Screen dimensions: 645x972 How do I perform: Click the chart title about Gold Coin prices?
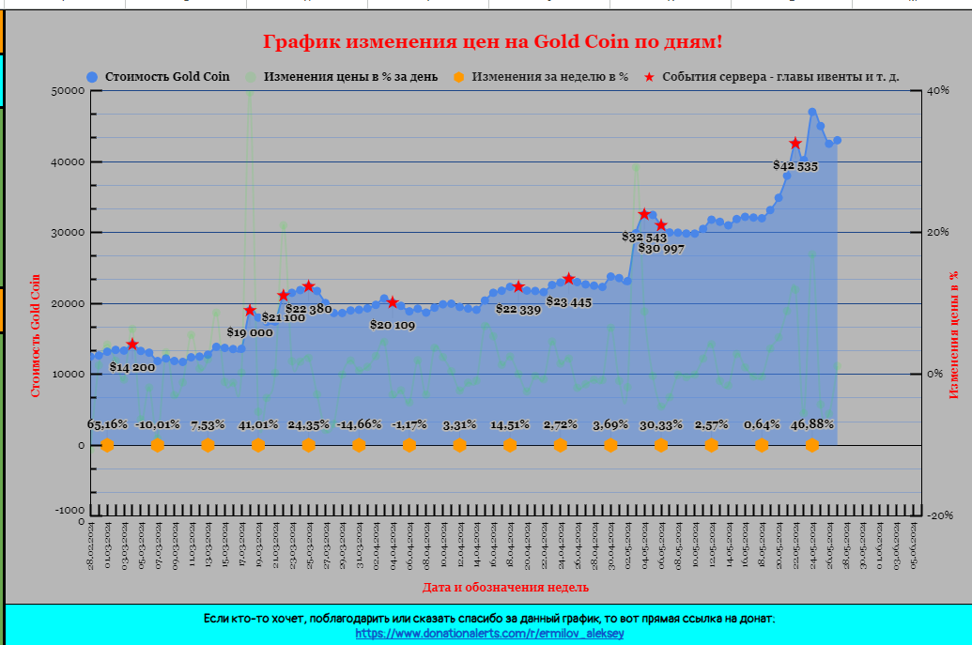493,42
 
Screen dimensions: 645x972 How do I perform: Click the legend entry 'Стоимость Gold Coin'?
165,77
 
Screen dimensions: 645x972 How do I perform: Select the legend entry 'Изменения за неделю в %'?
549,77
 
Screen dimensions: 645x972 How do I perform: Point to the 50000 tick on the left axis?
68,91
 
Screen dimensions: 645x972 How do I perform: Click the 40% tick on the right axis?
937,91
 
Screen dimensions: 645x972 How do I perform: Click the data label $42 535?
795,166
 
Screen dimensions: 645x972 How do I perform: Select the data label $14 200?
131,367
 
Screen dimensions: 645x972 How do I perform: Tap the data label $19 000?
250,332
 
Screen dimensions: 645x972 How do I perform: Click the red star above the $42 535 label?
795,144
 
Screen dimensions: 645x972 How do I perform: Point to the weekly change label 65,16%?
107,424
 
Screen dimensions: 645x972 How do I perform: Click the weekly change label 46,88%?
812,424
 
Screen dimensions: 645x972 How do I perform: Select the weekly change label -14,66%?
359,424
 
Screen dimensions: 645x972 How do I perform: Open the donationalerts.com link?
489,634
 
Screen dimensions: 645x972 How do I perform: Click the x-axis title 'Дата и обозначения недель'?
505,587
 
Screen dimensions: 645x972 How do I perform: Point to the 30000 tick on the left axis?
68,233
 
